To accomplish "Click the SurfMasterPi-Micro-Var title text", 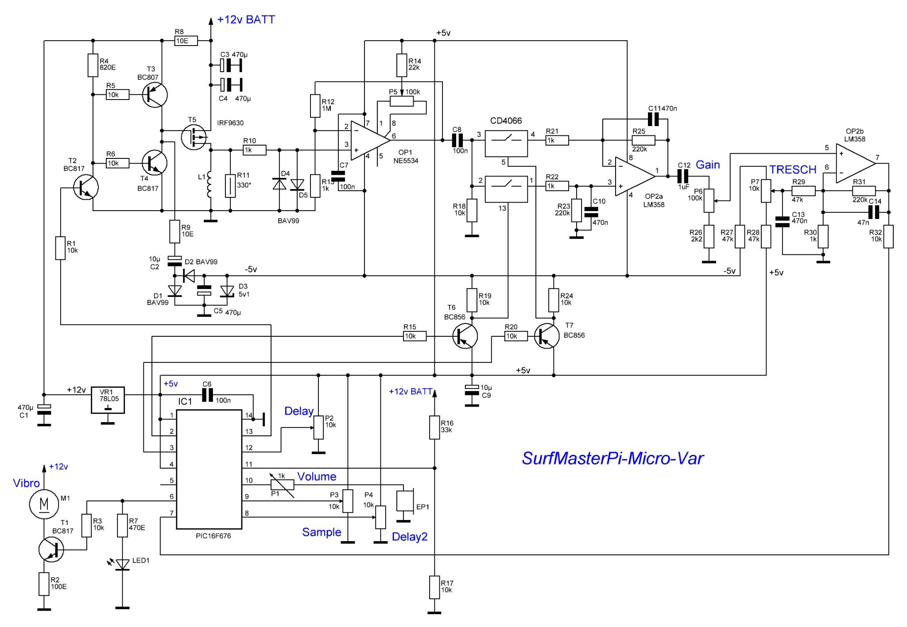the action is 612,458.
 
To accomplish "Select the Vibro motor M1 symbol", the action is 44,504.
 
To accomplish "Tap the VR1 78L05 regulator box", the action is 108,400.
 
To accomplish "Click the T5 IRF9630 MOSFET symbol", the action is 194,138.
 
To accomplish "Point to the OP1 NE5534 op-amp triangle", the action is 370,140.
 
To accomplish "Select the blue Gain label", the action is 708,165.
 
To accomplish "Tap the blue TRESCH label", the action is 793,169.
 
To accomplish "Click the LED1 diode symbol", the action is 123,564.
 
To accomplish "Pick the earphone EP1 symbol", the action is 405,500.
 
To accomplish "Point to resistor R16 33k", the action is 435,427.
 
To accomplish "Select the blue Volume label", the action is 317,477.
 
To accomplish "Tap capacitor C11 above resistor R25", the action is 653,119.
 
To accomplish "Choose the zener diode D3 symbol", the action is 227,291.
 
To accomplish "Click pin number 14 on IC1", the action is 249,415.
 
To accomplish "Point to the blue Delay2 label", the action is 410,537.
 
